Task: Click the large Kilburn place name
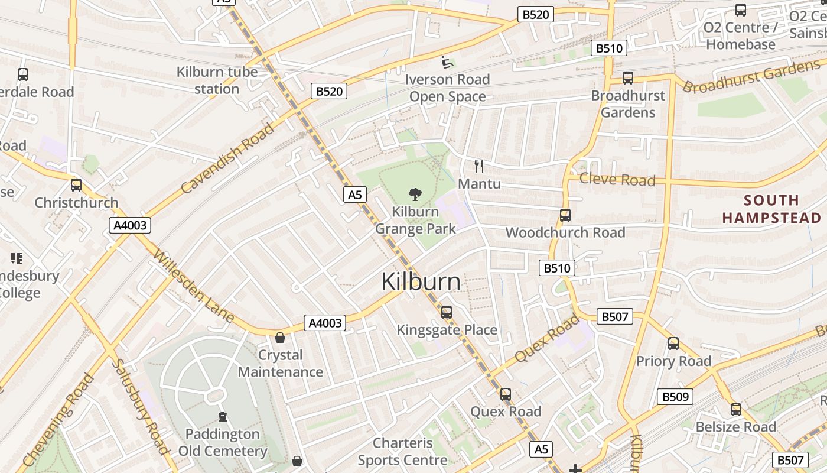tap(421, 281)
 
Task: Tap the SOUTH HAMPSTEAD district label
tap(771, 209)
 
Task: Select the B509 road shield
tap(675, 396)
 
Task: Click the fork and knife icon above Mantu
tap(479, 166)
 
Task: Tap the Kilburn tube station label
tap(217, 80)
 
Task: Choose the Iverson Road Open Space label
tap(447, 88)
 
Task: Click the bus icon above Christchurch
tap(76, 184)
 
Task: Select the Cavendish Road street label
tap(228, 158)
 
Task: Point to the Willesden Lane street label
tap(193, 286)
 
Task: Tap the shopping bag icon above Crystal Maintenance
tap(280, 338)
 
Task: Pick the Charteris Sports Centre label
tap(402, 451)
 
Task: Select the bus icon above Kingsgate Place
tap(447, 312)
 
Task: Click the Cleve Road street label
tap(617, 179)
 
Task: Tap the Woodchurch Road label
tap(565, 232)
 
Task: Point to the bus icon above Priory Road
tap(673, 343)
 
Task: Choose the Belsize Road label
tap(735, 426)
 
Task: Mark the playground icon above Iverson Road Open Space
tap(447, 61)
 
